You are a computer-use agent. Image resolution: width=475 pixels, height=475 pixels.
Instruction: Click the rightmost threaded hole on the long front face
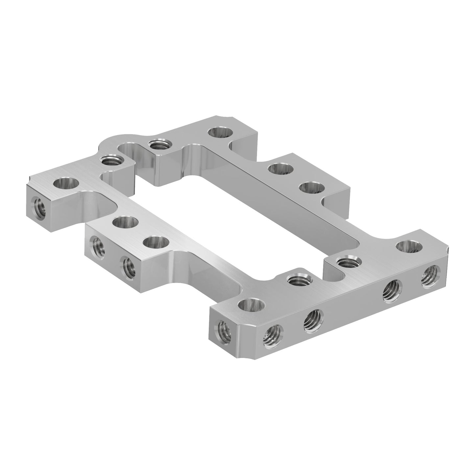431,273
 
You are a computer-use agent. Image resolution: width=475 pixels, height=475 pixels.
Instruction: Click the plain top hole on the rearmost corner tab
221,133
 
